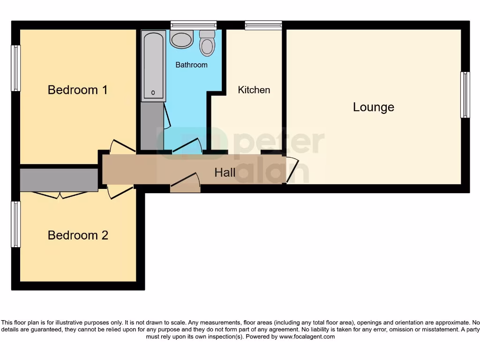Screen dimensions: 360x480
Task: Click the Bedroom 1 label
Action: pyautogui.click(x=77, y=90)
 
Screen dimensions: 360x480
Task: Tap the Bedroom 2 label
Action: pyautogui.click(x=78, y=235)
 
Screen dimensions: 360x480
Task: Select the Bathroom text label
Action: pyautogui.click(x=191, y=65)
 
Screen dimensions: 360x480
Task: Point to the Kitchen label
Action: pyautogui.click(x=254, y=90)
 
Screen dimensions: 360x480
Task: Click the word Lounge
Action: pyautogui.click(x=373, y=107)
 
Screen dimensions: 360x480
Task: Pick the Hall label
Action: pyautogui.click(x=225, y=172)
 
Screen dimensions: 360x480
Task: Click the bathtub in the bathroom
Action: pyautogui.click(x=154, y=66)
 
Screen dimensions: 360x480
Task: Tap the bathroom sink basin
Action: pyautogui.click(x=181, y=39)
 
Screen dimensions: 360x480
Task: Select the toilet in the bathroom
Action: pyautogui.click(x=207, y=43)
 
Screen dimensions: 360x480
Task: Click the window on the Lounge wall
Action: pyautogui.click(x=465, y=95)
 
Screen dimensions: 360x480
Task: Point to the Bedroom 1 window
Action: pyautogui.click(x=16, y=68)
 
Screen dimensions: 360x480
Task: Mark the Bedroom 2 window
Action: pyautogui.click(x=16, y=224)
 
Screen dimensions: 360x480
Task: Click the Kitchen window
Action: pyautogui.click(x=263, y=25)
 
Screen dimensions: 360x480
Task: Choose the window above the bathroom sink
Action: pyautogui.click(x=193, y=25)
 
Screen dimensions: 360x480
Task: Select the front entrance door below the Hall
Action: pyautogui.click(x=185, y=183)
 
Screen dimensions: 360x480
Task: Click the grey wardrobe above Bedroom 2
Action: pyautogui.click(x=59, y=180)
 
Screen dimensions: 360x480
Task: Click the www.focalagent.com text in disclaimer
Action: pyautogui.click(x=307, y=337)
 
